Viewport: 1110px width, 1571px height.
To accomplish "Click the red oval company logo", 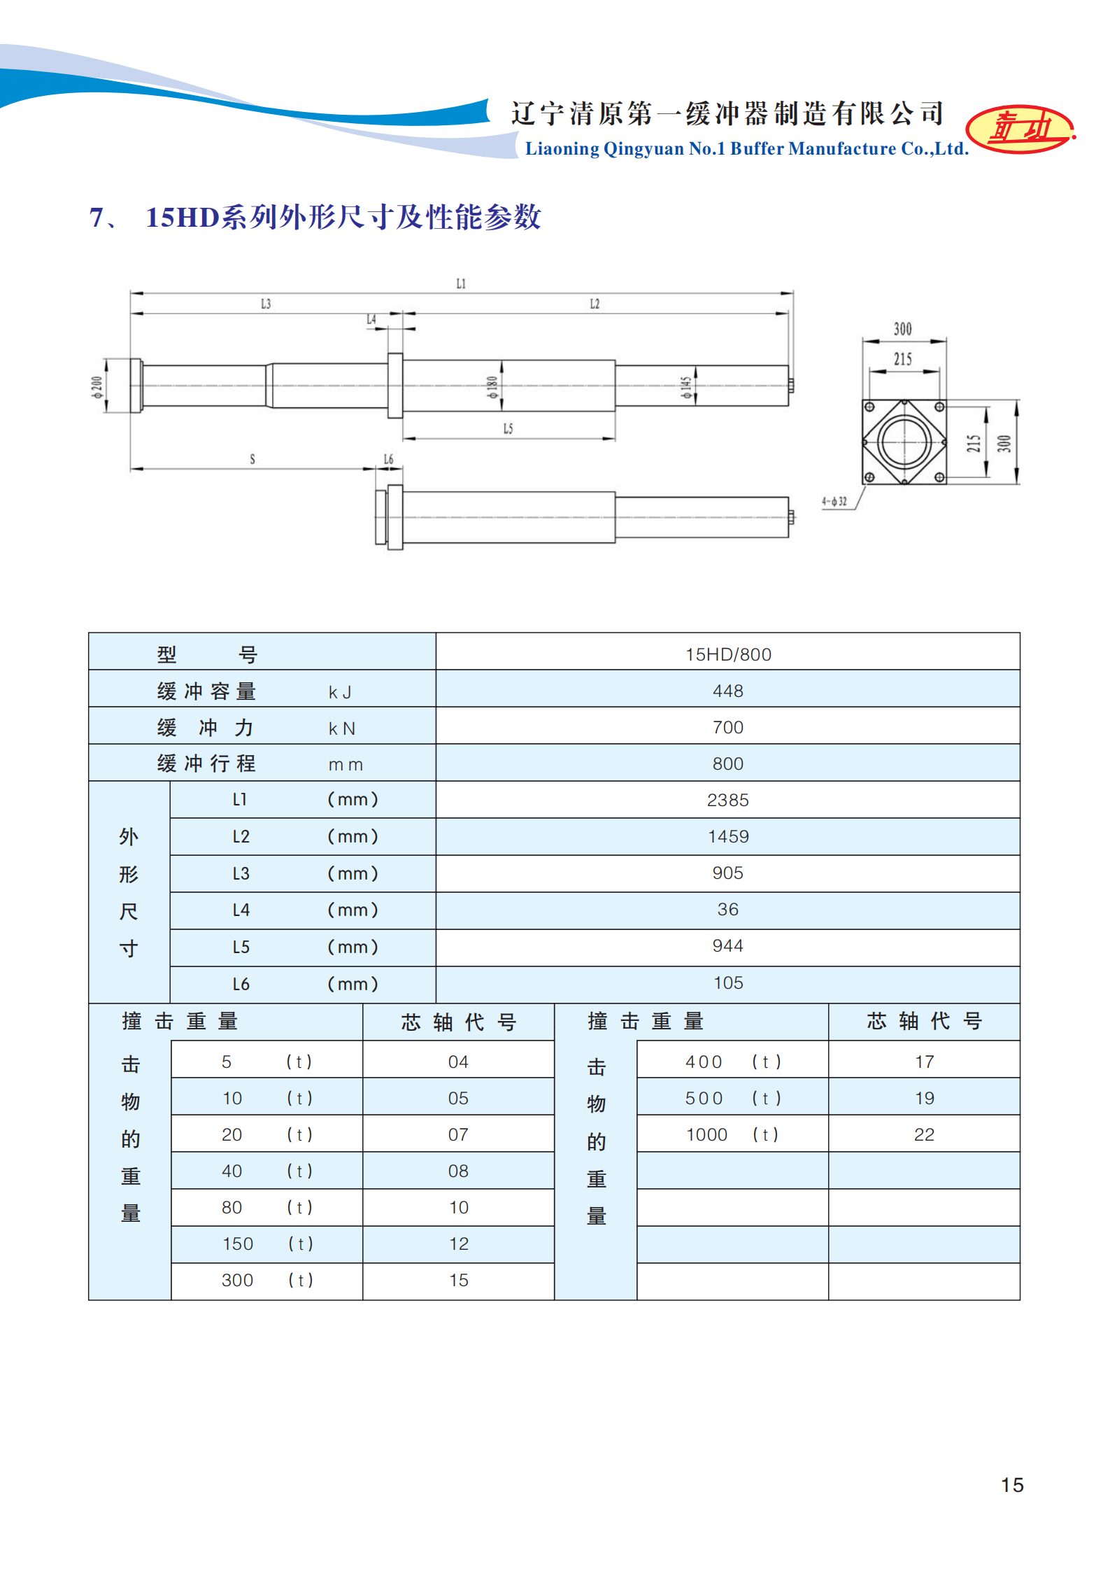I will pos(1020,129).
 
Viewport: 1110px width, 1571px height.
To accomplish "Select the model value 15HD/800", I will pos(727,654).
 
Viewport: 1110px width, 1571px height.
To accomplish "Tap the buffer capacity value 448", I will pos(727,691).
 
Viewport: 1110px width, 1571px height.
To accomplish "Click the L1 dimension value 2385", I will pos(727,800).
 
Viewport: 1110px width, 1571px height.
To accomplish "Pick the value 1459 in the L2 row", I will pos(727,836).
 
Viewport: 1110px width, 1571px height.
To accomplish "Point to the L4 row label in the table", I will pos(241,910).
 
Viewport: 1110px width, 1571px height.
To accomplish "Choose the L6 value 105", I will pos(727,982).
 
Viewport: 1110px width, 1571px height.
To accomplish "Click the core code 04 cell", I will pos(458,1062).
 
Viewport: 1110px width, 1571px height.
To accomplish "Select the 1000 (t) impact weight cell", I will pos(732,1134).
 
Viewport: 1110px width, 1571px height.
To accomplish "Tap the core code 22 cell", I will pos(924,1134).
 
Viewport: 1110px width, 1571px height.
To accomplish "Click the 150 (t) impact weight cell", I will pos(266,1244).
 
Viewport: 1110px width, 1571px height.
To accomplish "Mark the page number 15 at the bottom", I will pos(1011,1485).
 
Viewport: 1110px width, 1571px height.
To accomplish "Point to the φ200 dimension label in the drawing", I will pos(97,386).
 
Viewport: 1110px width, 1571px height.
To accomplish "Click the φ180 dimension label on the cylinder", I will pos(492,387).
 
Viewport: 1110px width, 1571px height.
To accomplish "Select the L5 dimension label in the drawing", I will pos(508,428).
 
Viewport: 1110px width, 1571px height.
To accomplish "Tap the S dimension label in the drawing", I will pos(252,459).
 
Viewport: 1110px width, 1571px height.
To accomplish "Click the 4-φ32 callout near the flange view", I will pos(834,501).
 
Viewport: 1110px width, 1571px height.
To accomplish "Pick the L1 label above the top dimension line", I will pos(461,283).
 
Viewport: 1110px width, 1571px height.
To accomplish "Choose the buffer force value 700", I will pos(727,727).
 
